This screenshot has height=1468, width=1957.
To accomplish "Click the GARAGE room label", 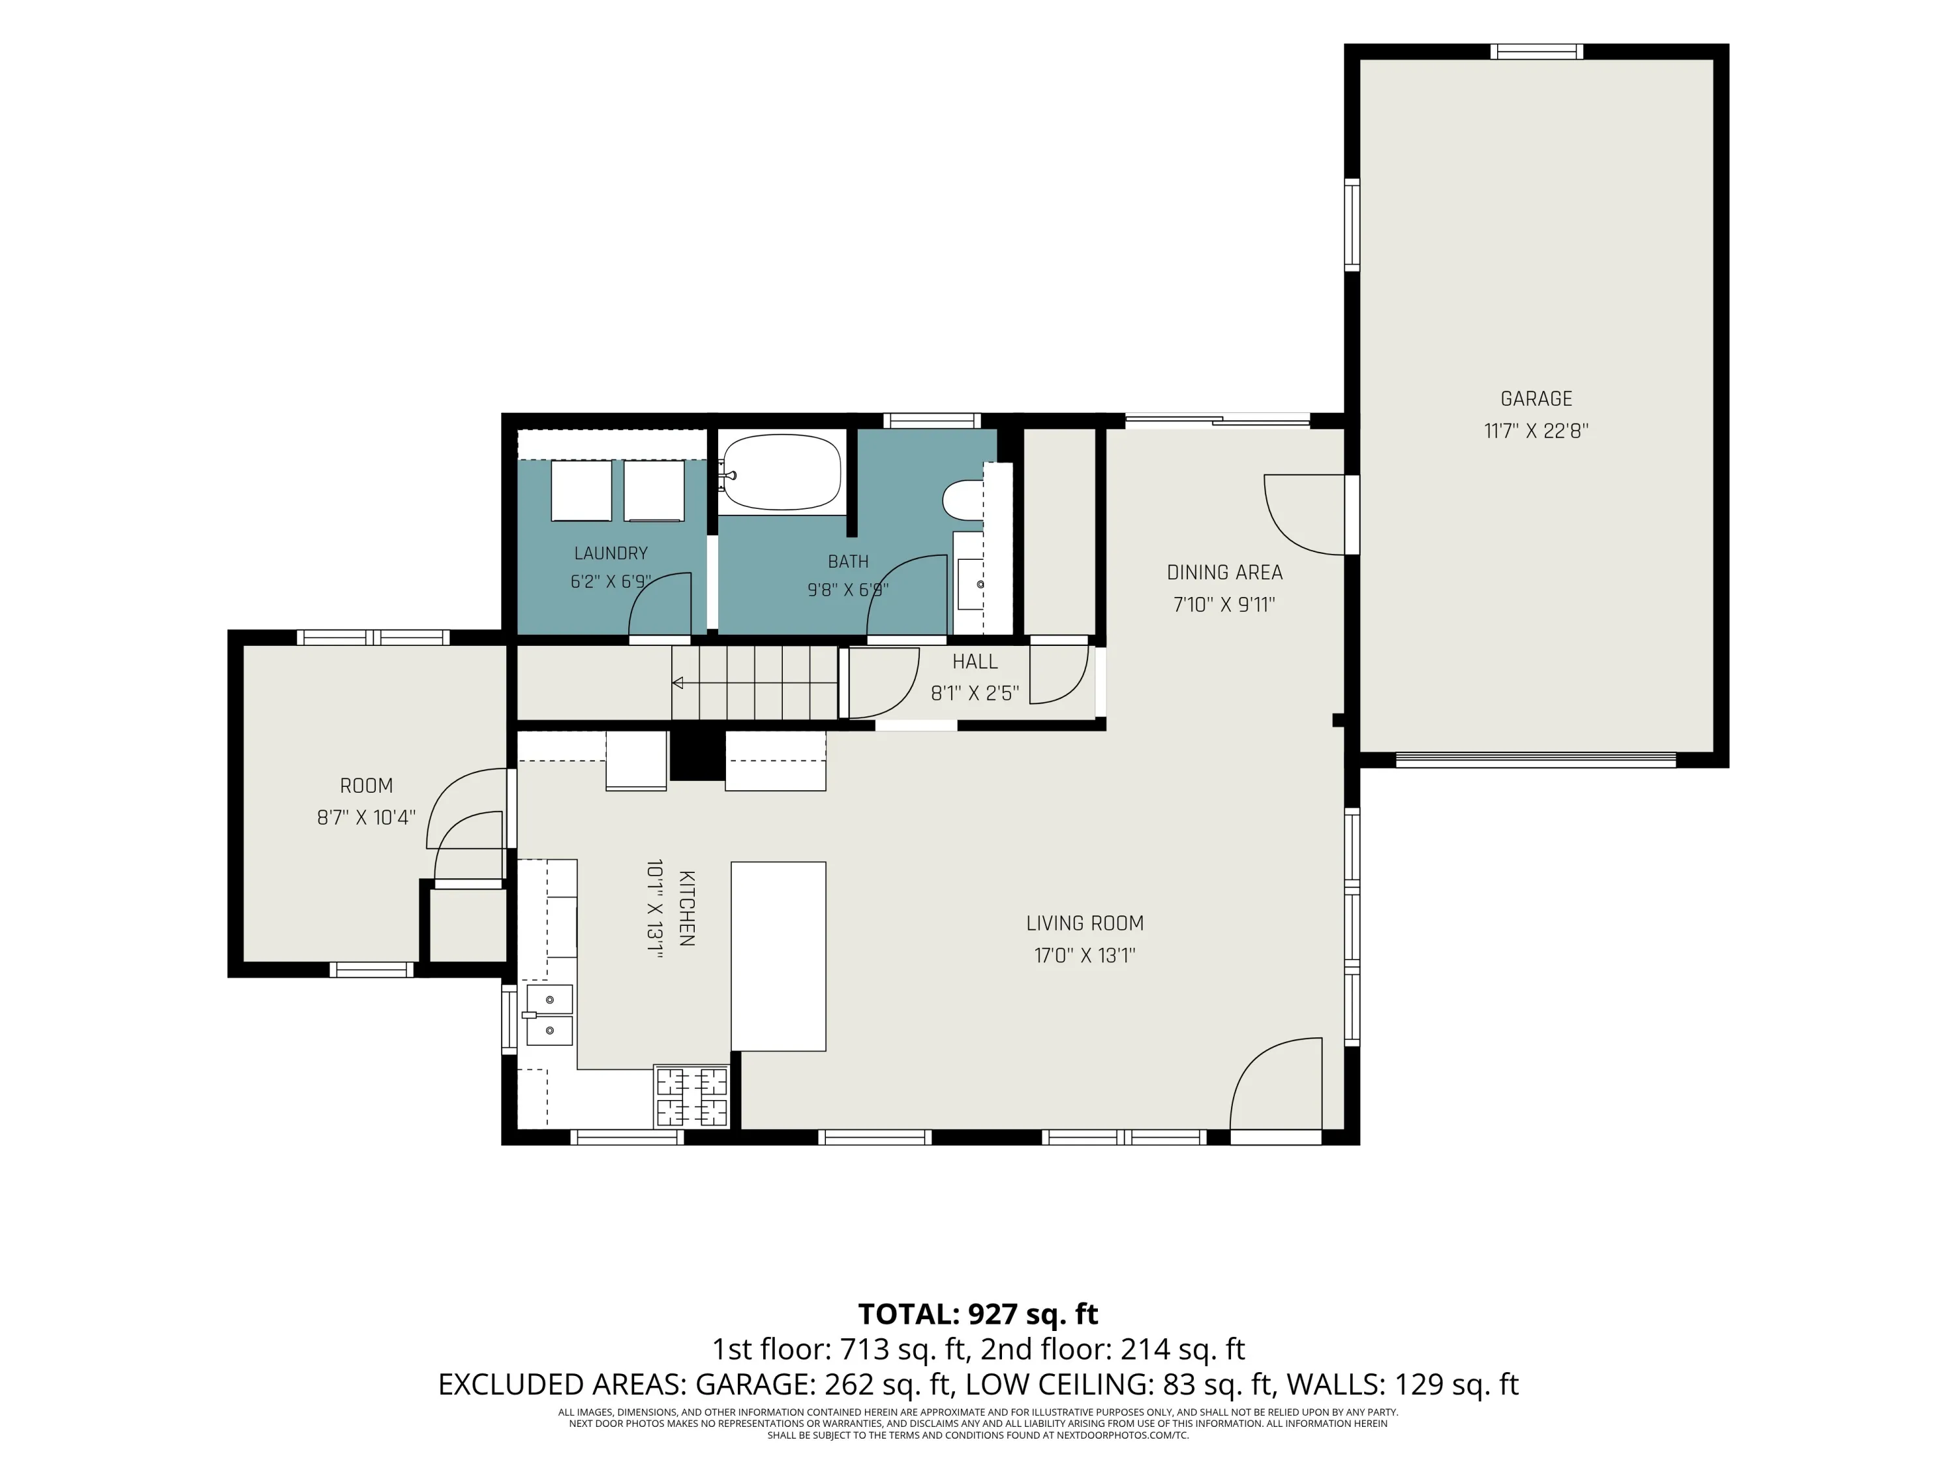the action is click(1536, 399).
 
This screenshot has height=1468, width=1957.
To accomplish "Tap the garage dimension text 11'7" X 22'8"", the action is click(1536, 431).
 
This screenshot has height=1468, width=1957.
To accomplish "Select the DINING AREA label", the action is click(1224, 572).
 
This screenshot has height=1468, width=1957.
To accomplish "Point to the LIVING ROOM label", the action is click(1085, 923).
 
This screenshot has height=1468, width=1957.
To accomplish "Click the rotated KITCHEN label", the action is click(686, 909).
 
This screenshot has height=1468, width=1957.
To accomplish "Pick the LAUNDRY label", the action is click(611, 553).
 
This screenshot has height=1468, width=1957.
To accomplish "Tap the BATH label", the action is click(847, 561).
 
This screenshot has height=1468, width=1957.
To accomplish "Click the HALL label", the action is click(975, 661).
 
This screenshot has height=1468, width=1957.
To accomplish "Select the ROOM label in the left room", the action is click(366, 785).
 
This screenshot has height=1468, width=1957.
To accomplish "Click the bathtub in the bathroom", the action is click(780, 472).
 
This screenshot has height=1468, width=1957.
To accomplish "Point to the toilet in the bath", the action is click(963, 500).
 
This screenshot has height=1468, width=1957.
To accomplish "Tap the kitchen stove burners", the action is click(691, 1096).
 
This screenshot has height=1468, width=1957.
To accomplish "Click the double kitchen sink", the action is click(549, 1015).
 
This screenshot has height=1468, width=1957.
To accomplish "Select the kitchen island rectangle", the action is click(778, 956).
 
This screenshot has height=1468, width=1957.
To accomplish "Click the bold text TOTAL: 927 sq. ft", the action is click(978, 1314).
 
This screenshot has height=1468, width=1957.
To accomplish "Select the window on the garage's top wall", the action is click(1536, 52).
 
